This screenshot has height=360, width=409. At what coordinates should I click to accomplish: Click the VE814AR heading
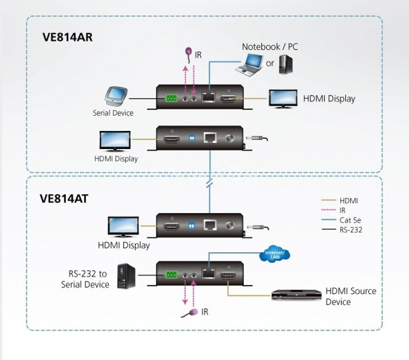pos(67,37)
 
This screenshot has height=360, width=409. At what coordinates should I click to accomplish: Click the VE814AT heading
pos(64,199)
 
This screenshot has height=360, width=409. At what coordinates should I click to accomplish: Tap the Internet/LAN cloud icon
pos(274,254)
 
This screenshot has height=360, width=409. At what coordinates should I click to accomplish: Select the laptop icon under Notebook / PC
pos(248,65)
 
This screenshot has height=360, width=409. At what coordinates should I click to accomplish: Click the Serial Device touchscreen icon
pos(116,96)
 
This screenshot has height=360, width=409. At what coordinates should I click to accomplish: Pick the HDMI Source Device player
pos(296,295)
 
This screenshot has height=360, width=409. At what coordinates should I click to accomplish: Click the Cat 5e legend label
pos(350,220)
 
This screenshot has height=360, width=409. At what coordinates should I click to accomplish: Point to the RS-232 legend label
pos(351,230)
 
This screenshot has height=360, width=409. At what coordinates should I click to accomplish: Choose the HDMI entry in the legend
pos(349,200)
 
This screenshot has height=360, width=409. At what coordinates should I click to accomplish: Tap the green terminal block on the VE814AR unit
pos(171,98)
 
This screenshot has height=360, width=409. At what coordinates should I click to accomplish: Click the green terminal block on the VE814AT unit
pos(171,275)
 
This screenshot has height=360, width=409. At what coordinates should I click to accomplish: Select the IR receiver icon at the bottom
pos(190,313)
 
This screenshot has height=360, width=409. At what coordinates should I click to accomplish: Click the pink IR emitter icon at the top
pos(188,54)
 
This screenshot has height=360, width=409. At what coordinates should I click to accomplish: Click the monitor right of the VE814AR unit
pos(283,99)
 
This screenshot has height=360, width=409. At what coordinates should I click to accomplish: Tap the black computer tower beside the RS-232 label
pos(126,276)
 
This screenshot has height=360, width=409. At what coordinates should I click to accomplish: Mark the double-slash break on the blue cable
pos(209,184)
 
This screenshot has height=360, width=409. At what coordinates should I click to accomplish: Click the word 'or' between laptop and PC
pos(270,63)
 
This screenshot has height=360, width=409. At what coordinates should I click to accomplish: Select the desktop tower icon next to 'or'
pos(286,64)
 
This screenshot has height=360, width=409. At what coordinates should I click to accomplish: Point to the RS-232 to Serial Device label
pos(85,279)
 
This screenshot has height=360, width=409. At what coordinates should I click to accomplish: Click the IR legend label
pos(343,210)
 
